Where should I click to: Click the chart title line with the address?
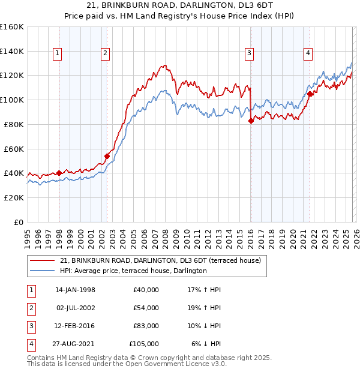[x=180, y=5]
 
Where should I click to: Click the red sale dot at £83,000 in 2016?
[x=251, y=121]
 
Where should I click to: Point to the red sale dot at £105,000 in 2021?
[x=310, y=94]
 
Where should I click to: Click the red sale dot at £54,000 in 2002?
[x=107, y=156]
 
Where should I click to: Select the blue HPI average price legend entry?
[x=133, y=271]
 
